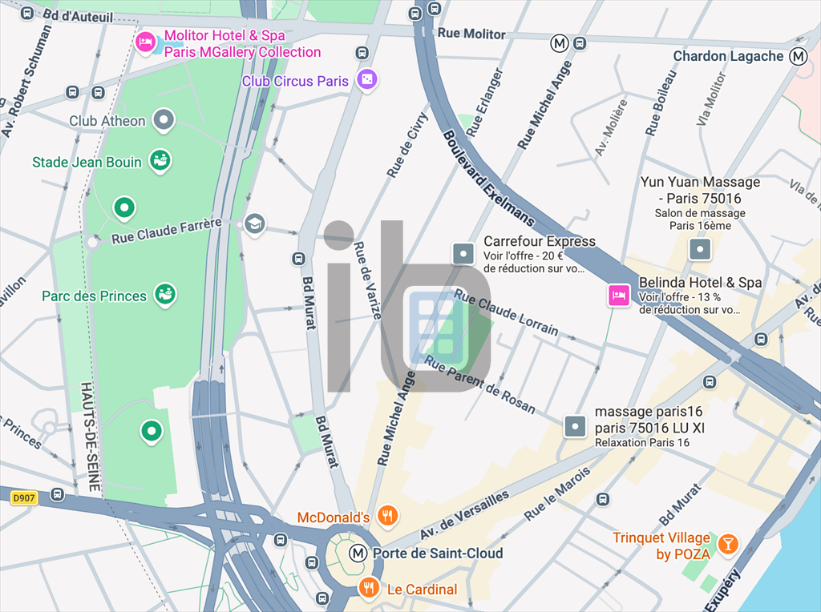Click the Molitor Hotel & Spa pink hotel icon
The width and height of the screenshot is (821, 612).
tap(145, 42)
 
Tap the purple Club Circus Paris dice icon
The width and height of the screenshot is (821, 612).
tap(366, 80)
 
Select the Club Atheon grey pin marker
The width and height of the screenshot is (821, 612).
tap(164, 121)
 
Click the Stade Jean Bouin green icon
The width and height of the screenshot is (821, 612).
tap(160, 161)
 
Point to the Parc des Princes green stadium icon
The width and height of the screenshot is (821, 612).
tap(165, 295)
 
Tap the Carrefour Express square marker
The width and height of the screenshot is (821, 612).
tap(464, 253)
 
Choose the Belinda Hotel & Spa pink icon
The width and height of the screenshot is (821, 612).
tap(618, 296)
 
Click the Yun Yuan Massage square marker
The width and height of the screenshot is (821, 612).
tap(700, 250)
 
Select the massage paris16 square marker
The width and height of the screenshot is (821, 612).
tap(575, 426)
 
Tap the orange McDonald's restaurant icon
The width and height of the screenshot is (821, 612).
tap(387, 516)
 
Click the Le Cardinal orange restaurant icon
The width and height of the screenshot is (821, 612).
tap(369, 589)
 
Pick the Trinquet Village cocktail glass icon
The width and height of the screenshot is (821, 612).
tap(727, 544)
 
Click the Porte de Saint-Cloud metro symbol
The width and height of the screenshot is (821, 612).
tap(358, 553)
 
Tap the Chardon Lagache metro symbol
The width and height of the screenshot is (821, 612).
tap(798, 56)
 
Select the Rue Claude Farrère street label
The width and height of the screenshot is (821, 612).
tap(166, 231)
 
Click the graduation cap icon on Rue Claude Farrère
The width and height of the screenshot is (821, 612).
tap(255, 224)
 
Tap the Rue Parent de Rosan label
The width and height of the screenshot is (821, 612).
tap(480, 384)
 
